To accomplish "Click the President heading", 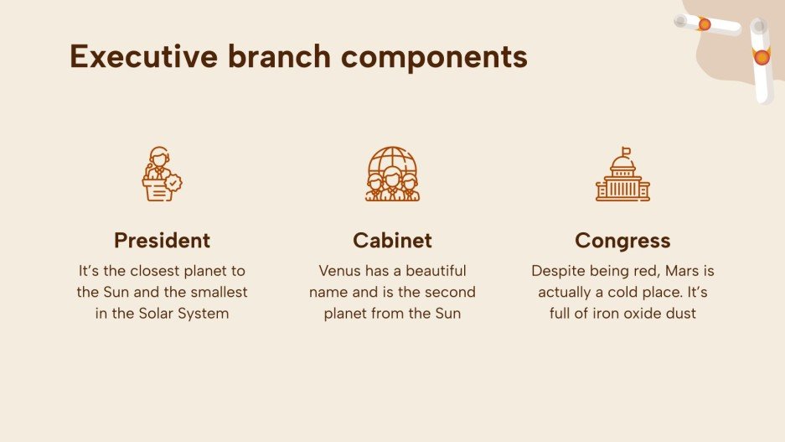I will coord(162,241).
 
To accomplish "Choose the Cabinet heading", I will coord(392,241).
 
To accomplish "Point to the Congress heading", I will coord(622,241).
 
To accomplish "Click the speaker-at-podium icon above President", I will coord(161,174).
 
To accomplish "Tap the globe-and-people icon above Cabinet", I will coord(392,174).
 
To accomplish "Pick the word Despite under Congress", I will coord(557,271).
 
